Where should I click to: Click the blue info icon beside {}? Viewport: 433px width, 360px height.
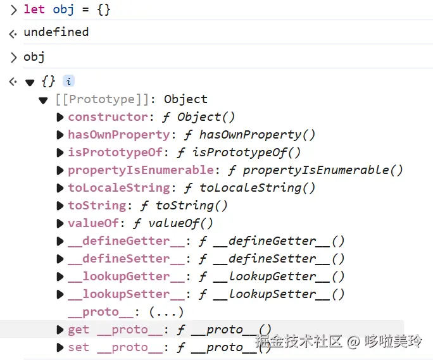(x=68, y=81)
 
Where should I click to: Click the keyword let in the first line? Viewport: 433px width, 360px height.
(x=34, y=9)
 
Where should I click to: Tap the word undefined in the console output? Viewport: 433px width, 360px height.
(x=56, y=32)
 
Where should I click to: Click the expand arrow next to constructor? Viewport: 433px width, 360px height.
(x=60, y=117)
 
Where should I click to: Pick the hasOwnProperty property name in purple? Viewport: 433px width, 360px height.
(x=118, y=135)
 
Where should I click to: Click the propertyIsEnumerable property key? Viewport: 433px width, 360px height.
(x=141, y=170)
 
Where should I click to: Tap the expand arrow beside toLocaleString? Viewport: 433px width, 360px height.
(x=60, y=188)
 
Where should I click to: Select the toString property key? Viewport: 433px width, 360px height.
(x=96, y=206)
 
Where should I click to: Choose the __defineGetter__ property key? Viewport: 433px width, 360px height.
(x=118, y=241)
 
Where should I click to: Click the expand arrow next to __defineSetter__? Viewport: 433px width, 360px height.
(x=60, y=259)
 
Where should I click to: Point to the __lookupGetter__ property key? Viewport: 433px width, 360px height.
(x=118, y=276)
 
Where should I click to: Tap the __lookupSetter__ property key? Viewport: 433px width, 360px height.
(x=118, y=294)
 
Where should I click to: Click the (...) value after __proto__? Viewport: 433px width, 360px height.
(x=166, y=312)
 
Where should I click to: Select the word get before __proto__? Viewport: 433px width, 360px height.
(x=78, y=330)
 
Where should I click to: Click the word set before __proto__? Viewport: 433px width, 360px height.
(x=78, y=347)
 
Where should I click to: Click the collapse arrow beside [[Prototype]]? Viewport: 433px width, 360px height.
(x=43, y=100)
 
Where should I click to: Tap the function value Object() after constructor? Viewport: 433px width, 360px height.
(x=206, y=117)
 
